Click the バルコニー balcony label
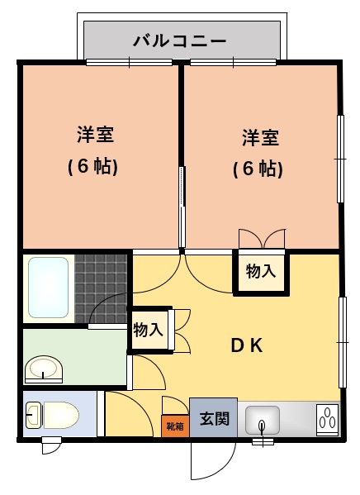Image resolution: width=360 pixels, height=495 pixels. click(179, 41)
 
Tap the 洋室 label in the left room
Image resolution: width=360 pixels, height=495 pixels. click(95, 135)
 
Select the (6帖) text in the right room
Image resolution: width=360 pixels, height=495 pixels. click(258, 169)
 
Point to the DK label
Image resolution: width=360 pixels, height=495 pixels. click(247, 345)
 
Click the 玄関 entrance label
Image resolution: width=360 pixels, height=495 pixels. click(214, 419)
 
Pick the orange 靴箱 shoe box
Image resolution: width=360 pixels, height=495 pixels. click(175, 426)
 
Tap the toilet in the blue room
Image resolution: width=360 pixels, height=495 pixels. click(52, 415)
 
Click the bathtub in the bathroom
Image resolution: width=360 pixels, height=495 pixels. click(48, 288)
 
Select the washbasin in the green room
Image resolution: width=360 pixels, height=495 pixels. click(44, 369)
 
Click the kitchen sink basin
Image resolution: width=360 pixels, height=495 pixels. click(263, 420)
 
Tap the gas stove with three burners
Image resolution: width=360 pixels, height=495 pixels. click(328, 420)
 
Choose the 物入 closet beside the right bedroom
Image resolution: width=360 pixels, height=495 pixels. click(261, 272)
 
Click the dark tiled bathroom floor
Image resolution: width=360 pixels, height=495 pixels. click(101, 288)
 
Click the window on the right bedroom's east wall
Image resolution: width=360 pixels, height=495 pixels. click(340, 159)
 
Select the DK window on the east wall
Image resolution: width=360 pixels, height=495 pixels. click(343, 342)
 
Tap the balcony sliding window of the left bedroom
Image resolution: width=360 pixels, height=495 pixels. click(130, 62)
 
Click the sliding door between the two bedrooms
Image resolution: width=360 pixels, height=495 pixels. click(182, 207)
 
